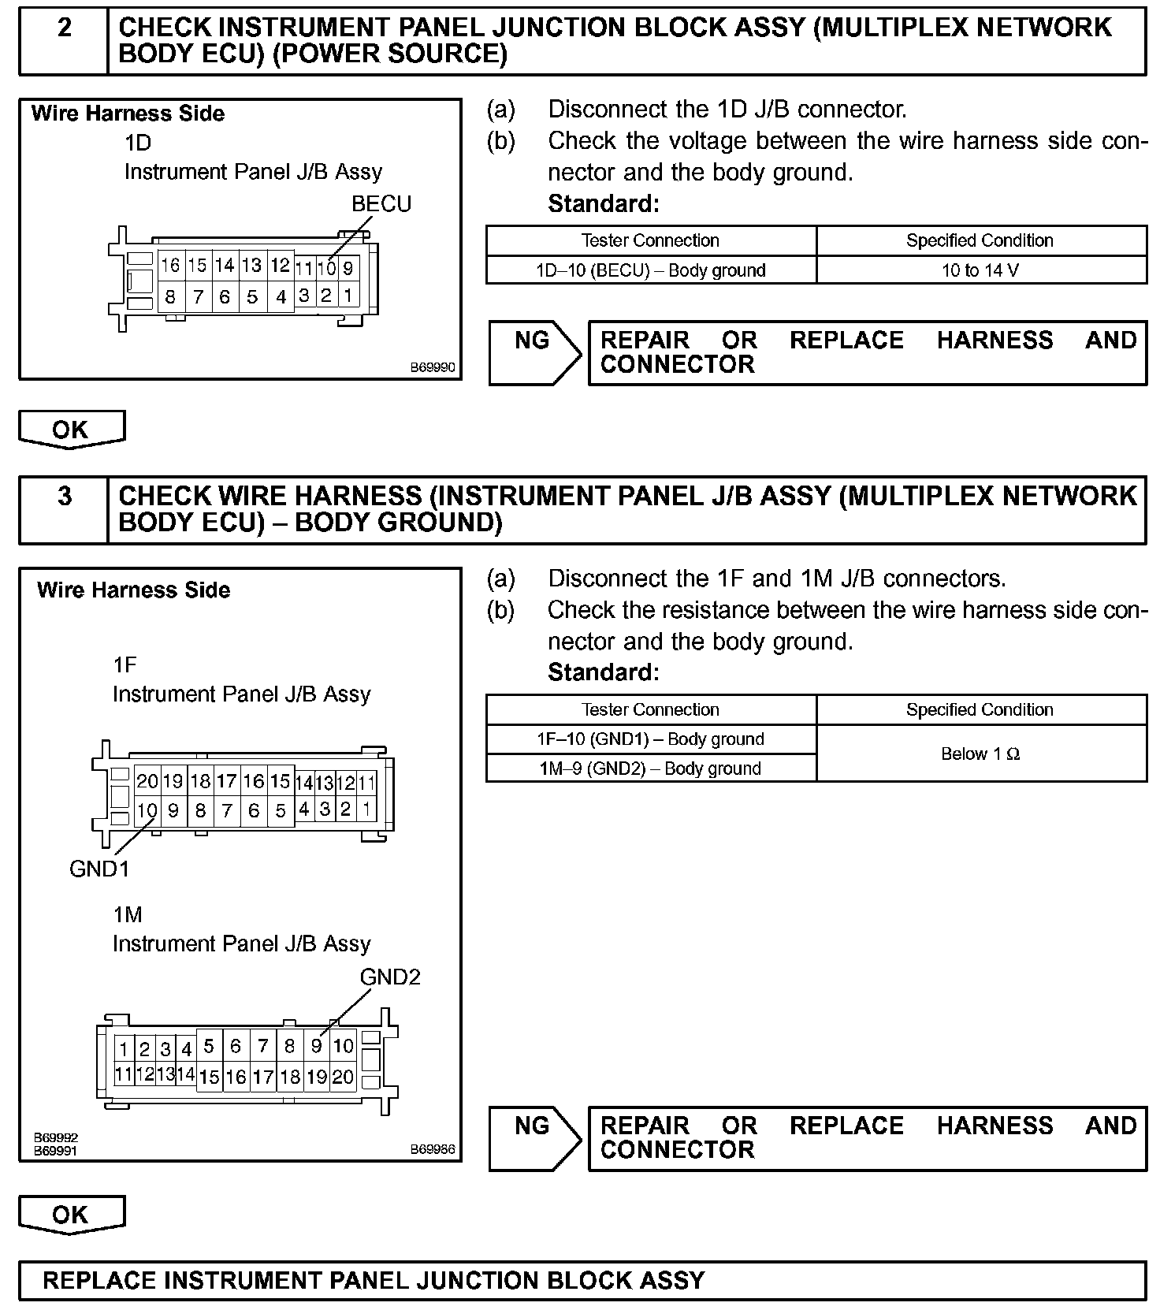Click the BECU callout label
pos(381,204)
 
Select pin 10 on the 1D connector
pos(326,268)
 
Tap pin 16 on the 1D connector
pos(170,266)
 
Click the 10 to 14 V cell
pos(980,270)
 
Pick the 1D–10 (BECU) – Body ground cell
pos(651,270)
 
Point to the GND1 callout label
pos(99,869)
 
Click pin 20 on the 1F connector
pos(147,781)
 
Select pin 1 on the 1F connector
pos(366,809)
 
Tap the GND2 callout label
pos(390,977)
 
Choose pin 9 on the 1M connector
pos(316,1046)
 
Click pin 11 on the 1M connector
pos(124,1074)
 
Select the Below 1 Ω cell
pos(980,754)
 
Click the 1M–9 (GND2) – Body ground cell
pos(651,769)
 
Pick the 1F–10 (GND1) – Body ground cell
pos(651,739)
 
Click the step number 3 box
pos(64,509)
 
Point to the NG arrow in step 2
pos(534,352)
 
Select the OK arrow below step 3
pos(71,1215)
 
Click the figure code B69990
pos(432,367)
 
